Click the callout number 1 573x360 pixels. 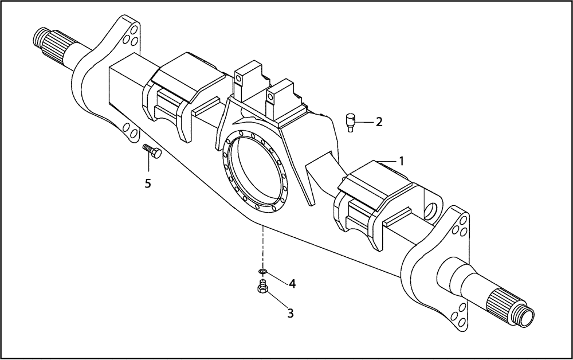[402, 161]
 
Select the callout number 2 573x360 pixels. [379, 122]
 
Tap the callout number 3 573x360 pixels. [291, 313]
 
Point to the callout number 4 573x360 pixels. [292, 283]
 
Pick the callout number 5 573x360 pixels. [148, 184]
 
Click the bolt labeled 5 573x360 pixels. [152, 151]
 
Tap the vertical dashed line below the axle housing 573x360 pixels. [263, 246]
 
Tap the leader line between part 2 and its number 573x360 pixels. [365, 122]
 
